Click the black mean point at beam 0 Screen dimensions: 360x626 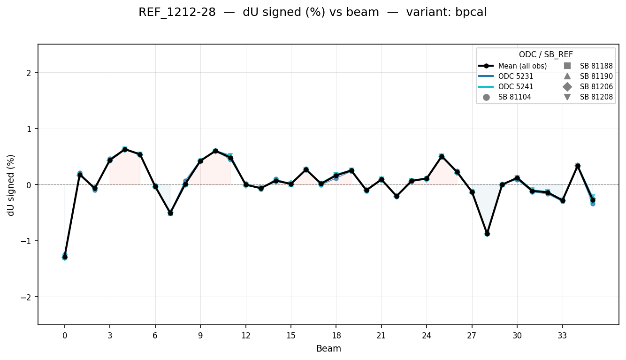click(65, 257)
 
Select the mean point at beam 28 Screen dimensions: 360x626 click(487, 233)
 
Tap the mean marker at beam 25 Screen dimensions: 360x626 click(442, 156)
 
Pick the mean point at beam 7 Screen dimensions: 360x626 click(170, 213)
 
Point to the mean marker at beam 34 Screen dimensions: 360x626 click(578, 166)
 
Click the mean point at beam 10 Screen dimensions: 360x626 click(215, 151)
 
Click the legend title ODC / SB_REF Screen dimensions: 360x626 click(546, 54)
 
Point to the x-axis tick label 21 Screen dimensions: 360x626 click(381, 336)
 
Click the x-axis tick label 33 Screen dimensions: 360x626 click(562, 336)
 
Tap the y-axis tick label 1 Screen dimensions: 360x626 click(30, 129)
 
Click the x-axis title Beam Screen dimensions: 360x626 click(328, 349)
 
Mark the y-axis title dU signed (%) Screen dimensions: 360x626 click(11, 185)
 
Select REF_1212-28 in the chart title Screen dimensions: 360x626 click(177, 13)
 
